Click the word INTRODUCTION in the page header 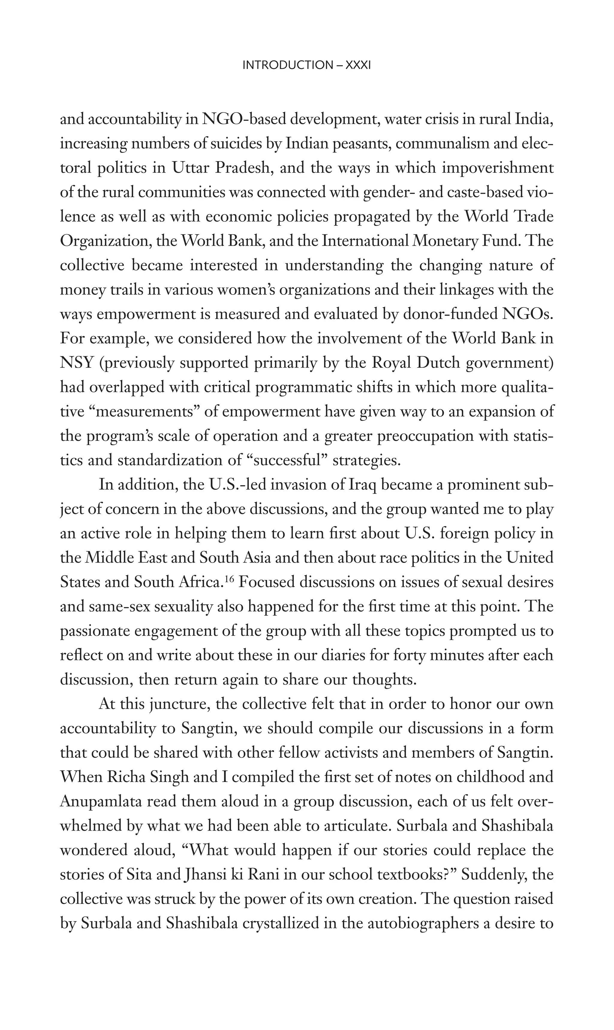pyautogui.click(x=288, y=65)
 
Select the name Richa pyautogui.click(x=125, y=777)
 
